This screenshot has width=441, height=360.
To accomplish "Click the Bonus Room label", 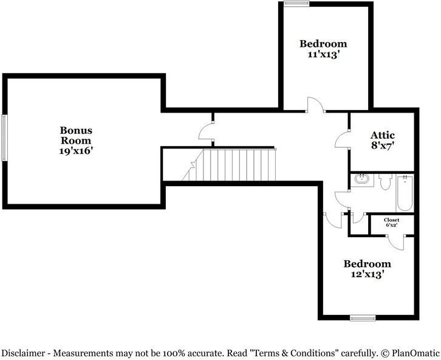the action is (76, 136).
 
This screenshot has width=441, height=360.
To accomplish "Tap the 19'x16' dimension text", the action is (76, 151).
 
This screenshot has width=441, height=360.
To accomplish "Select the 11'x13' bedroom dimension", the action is (323, 54).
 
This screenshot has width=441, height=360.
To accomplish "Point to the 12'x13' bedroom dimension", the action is (367, 274).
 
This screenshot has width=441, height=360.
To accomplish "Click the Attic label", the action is (383, 135).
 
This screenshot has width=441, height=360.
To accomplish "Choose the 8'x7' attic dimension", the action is (383, 146).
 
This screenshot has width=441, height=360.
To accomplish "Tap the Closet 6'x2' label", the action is (392, 223).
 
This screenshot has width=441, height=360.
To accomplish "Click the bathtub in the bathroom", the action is (405, 193).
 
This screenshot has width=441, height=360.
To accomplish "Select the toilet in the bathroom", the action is (385, 182).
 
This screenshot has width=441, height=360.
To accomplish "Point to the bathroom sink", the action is (361, 179).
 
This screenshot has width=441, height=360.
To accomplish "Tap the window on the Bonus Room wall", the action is (4, 138).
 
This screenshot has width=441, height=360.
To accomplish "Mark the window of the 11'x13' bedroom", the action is (296, 4).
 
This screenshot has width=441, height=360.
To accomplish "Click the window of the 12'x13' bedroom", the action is (363, 318).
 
